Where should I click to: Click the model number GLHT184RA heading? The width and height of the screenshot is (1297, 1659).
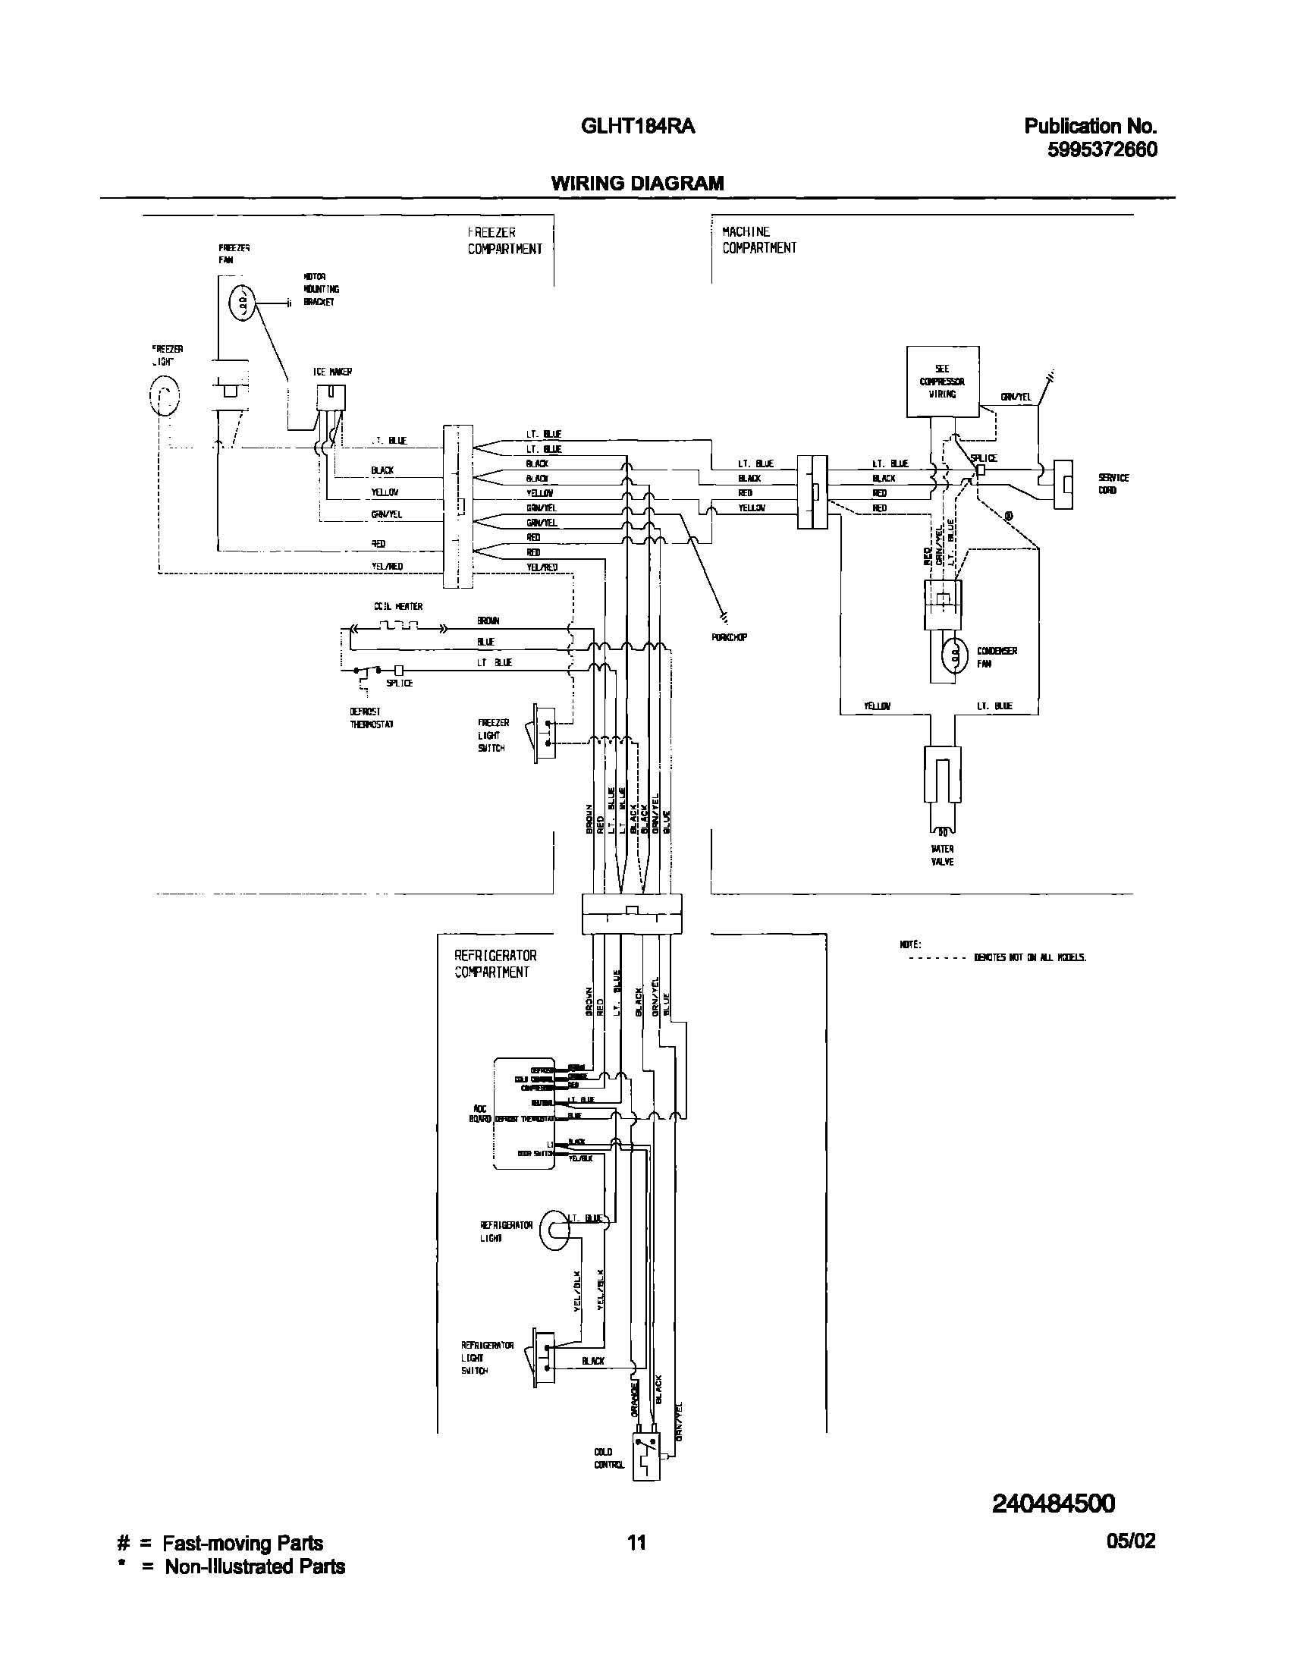(637, 127)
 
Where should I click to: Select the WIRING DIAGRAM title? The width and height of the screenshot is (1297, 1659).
(637, 183)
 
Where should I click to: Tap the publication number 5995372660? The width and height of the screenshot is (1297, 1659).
(1102, 149)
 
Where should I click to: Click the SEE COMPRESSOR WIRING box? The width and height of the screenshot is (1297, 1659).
(942, 382)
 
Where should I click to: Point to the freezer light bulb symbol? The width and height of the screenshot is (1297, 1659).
(164, 396)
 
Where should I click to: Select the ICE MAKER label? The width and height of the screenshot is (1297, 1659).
(332, 372)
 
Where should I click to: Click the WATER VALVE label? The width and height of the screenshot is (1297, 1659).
(942, 856)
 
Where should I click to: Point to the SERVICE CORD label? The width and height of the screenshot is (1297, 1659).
(1113, 484)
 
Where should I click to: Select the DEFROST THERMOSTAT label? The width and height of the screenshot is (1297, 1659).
(371, 718)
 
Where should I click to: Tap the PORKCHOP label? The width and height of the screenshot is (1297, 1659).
(729, 637)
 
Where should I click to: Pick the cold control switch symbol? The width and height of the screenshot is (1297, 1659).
(646, 1458)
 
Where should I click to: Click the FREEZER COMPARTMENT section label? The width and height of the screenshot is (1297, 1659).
(504, 240)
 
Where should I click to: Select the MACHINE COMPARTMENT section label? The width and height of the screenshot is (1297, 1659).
(758, 240)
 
